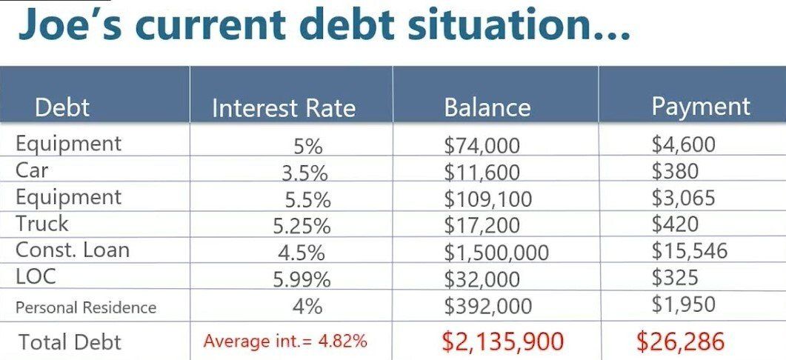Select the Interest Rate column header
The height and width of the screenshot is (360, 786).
[x=284, y=108]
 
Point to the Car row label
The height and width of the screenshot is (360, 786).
[x=32, y=170]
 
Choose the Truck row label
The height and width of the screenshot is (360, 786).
[x=41, y=223]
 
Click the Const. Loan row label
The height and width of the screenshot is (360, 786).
[x=72, y=250]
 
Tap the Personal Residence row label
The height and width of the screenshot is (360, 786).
[x=86, y=307]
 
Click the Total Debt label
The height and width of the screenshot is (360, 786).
[x=70, y=342]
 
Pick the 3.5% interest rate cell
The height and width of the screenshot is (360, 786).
[x=304, y=173]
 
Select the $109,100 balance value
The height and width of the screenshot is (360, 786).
[x=487, y=199]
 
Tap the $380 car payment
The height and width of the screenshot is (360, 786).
[x=675, y=171]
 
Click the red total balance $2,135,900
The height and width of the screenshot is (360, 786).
[x=503, y=341]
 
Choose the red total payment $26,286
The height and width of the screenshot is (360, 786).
[x=680, y=341]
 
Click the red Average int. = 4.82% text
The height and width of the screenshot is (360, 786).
[x=285, y=341]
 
